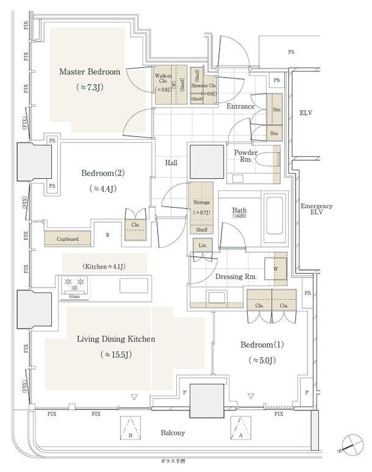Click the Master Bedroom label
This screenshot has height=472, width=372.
90,72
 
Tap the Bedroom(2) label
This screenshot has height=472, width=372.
102,173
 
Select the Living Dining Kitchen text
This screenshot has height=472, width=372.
115,339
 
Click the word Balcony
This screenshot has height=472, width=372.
173,433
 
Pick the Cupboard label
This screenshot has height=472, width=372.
68,238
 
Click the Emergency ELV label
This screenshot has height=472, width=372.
317,210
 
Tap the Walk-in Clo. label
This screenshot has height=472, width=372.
162,78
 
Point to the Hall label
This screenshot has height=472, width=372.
171,163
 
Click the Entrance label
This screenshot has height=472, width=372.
240,106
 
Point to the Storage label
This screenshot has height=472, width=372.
202,202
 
